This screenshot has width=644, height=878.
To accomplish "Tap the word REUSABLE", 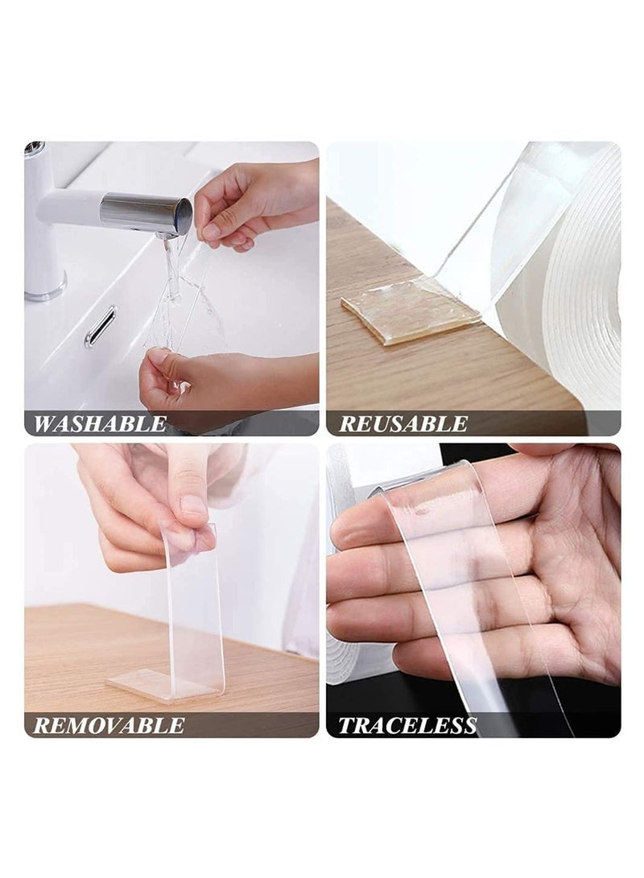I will coord(402,424).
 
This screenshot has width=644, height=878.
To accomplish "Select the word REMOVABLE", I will coord(109,725).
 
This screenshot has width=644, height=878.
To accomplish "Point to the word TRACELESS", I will coord(407,725).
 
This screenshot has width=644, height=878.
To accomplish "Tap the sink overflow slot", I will coord(100,327).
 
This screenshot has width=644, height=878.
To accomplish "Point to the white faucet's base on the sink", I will coord(44,286).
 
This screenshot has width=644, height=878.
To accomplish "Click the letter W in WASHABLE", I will coord(45,424).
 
